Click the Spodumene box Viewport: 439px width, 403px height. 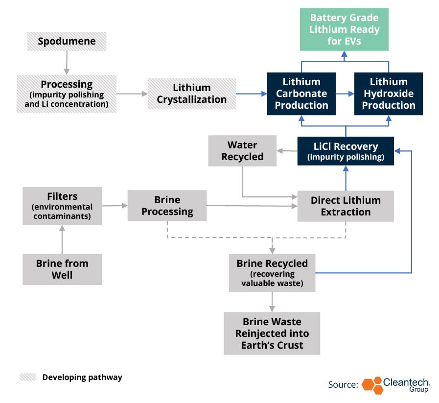pos(67,41)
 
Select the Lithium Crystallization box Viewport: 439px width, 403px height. pos(192,94)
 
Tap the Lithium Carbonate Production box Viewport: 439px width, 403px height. pos(301,94)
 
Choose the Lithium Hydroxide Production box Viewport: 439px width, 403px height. pos(389,94)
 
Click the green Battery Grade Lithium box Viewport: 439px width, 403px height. pos(344,29)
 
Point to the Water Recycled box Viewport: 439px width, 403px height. pos(242,151)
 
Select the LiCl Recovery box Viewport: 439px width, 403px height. pos(346,151)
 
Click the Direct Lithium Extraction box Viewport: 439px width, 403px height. pos(346,206)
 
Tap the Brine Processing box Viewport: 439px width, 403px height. pos(167,206)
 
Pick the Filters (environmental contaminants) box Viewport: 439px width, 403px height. pos(62,206)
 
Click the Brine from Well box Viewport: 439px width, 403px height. pos(62,269)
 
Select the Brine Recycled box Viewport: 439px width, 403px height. pos(272,273)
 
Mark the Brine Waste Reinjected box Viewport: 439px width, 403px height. pos(272,333)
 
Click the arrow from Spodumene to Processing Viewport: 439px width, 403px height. pos(67,63)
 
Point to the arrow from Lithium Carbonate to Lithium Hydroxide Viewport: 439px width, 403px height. pos(345,94)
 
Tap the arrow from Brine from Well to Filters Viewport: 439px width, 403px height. pos(62,239)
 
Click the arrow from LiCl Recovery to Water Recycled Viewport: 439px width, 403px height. pos(287,151)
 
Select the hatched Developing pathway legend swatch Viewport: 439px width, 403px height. pos(28,377)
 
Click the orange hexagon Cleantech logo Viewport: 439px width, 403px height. pos(372,385)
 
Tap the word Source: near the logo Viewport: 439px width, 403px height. pos(343,384)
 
